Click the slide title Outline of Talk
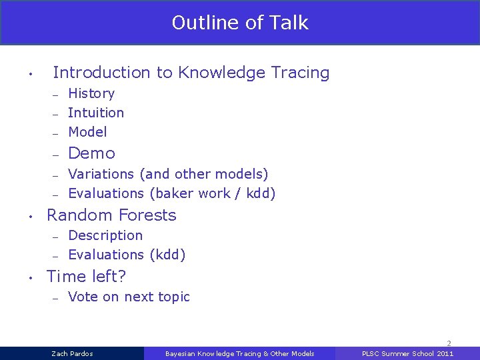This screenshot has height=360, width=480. [240, 23]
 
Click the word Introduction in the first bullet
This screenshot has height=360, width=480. [102, 73]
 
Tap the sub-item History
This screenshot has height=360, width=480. [91, 93]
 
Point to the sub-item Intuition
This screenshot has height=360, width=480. [96, 113]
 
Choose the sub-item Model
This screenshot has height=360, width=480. [87, 132]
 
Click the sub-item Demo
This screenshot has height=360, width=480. [92, 153]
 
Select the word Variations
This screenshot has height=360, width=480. [101, 174]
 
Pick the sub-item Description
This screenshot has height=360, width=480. [105, 235]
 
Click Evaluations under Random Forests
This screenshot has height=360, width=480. [106, 255]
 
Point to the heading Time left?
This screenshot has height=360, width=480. [87, 276]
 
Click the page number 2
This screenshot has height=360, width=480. [449, 343]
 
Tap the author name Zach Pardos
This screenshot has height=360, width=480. [73, 353]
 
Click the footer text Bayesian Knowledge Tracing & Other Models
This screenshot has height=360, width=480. [239, 353]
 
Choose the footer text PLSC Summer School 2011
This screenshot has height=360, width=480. [407, 353]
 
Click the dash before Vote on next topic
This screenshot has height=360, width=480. [55, 297]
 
